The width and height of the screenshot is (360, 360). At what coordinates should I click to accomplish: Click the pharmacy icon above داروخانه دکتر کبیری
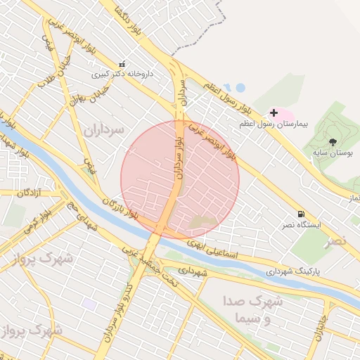tap(122, 64)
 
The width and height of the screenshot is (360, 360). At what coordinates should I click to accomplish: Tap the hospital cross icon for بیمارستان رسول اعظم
tap(274, 112)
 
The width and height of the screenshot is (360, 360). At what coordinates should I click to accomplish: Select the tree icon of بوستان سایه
tap(333, 142)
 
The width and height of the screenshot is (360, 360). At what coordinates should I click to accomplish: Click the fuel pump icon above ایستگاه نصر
tap(301, 214)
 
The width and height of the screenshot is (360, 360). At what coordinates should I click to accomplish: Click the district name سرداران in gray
tap(103, 130)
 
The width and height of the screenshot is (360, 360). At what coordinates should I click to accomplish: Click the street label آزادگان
tap(30, 192)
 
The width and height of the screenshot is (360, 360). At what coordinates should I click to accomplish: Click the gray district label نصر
tap(335, 241)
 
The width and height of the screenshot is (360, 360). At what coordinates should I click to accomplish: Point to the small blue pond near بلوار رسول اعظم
tap(239, 88)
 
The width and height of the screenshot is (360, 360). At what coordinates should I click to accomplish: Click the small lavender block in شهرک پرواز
tap(89, 304)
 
